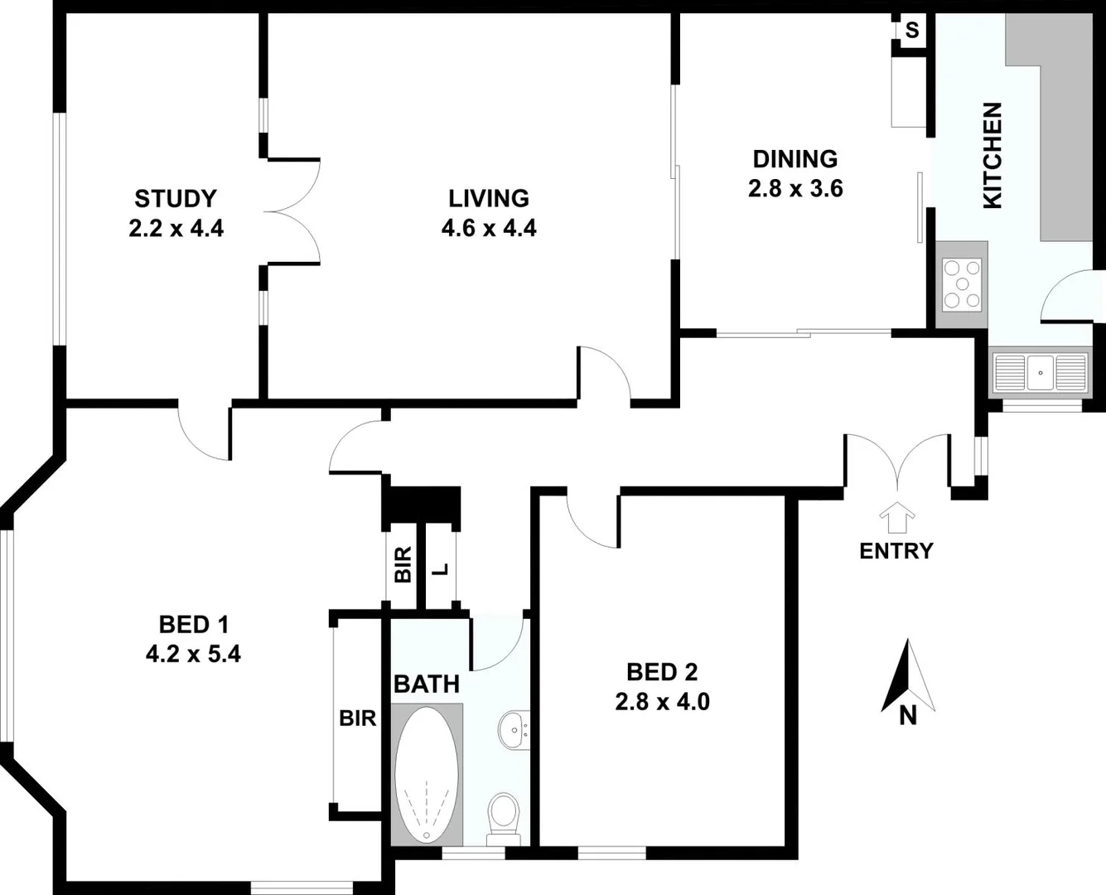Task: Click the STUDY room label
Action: [176, 199]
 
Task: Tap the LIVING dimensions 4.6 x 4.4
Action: [489, 228]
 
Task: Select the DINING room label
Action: [794, 158]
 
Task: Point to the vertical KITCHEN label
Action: [992, 155]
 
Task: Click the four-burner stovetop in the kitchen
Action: [962, 284]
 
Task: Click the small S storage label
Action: [912, 31]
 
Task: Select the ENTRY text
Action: [896, 551]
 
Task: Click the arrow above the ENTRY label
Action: [896, 518]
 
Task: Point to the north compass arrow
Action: [908, 676]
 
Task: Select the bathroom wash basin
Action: [514, 731]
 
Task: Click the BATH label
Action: [426, 685]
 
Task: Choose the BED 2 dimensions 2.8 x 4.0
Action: [662, 702]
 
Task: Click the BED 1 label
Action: [193, 624]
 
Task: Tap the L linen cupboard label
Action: [442, 569]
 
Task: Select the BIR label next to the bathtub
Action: [358, 718]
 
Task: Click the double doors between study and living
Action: [292, 210]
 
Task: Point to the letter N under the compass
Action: [908, 715]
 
